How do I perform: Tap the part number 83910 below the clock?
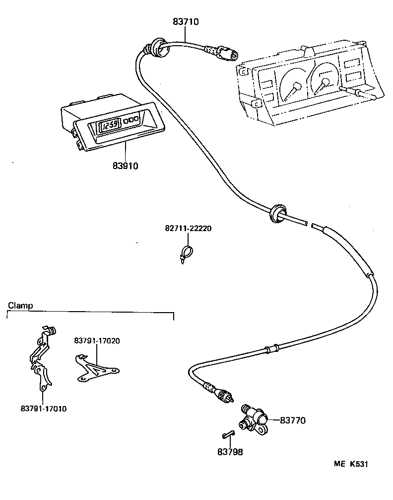[x=125, y=166]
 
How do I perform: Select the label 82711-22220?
[x=188, y=229]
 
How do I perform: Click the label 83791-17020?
[x=97, y=340]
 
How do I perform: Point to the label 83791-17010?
[x=44, y=409]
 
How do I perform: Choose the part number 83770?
[x=293, y=420]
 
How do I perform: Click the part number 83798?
[x=230, y=452]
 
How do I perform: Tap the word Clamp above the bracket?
[x=20, y=306]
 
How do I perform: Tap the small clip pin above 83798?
[x=228, y=434]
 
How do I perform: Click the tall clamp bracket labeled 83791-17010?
[x=41, y=358]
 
